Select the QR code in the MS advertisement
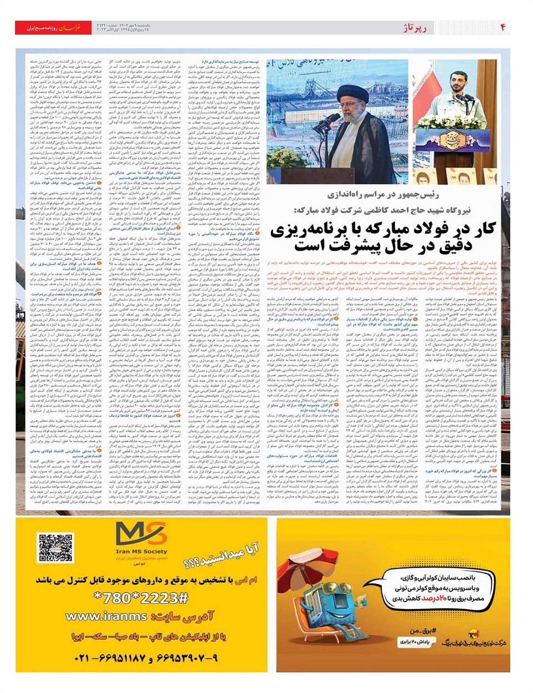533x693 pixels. (x=55, y=548)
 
